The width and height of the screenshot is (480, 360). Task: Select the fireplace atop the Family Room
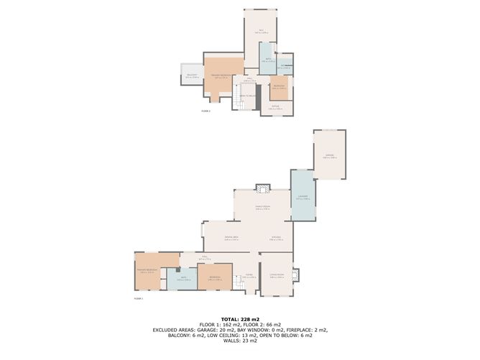click(x=264, y=188)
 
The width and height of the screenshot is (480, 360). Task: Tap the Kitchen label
click(x=276, y=239)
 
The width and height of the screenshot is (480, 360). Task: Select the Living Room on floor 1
click(x=277, y=275)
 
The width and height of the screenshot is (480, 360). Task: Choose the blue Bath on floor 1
click(x=183, y=279)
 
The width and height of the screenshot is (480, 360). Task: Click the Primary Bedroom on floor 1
click(x=149, y=270)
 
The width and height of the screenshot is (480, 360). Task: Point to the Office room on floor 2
click(x=260, y=31)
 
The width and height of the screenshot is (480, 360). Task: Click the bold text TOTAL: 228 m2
click(x=240, y=318)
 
